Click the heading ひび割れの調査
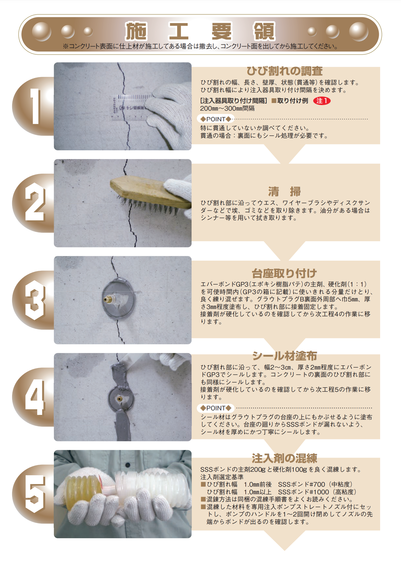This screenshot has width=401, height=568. pos(284,71)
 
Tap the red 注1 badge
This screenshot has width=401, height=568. pos(322,101)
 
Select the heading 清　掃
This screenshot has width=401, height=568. pos(284,191)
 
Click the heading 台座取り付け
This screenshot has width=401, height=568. pos(284,273)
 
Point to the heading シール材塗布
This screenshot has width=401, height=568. pos(284,356)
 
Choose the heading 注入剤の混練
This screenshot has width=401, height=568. pos(284,458)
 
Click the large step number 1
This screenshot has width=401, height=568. pos(35,106)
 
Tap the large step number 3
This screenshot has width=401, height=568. pos(35,300)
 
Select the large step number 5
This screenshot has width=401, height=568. pos(35,494)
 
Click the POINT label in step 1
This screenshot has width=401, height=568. pos(216,119)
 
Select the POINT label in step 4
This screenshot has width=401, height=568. pos(216,408)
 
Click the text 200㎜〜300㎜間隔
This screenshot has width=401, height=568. pos(227,108)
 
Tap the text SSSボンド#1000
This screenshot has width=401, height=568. pos(303,492)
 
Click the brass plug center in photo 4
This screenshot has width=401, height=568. pos(119,398)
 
